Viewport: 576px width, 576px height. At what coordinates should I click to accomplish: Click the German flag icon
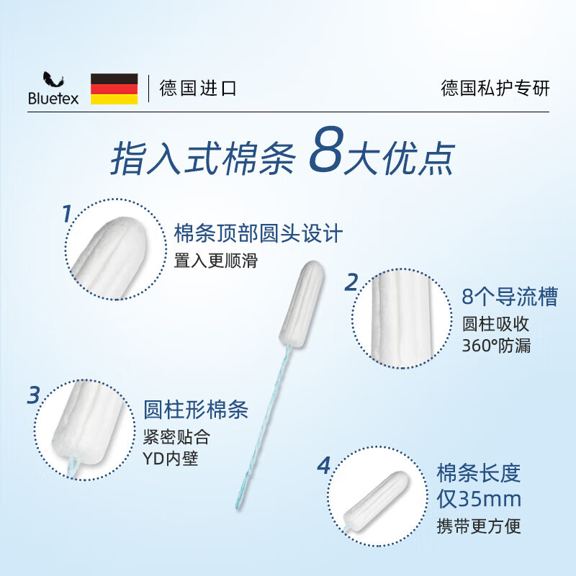(114, 89)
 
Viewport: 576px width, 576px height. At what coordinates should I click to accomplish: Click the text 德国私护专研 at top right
(495, 89)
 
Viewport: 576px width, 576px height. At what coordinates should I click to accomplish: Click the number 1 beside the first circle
(66, 215)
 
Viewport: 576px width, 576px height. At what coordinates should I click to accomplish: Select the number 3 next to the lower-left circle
(34, 395)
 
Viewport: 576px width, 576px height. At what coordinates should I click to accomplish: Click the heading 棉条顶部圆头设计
(258, 234)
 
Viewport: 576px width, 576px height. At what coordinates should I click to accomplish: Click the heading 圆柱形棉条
(196, 410)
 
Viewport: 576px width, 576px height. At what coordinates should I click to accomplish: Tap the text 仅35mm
(479, 498)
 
